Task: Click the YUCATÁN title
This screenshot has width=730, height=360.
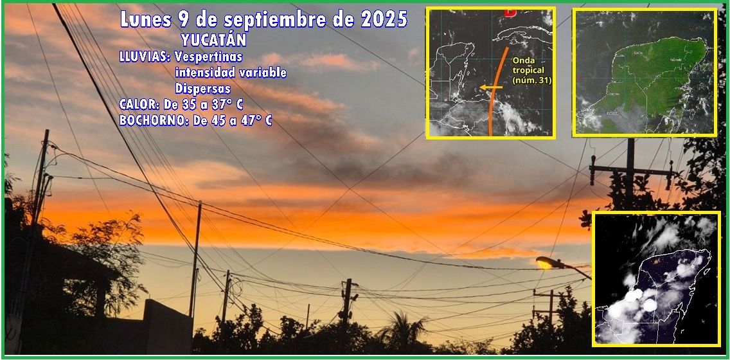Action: tap(214, 40)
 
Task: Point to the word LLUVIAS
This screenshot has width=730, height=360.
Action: tap(145, 57)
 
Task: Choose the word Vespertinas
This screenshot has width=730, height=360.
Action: tap(209, 58)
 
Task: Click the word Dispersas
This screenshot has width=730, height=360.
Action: tap(203, 89)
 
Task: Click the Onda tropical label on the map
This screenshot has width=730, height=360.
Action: tap(531, 70)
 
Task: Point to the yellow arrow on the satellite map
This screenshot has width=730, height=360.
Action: tap(491, 87)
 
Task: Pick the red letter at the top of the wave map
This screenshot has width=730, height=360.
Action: tap(510, 12)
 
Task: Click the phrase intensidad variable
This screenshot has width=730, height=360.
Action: tap(231, 73)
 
